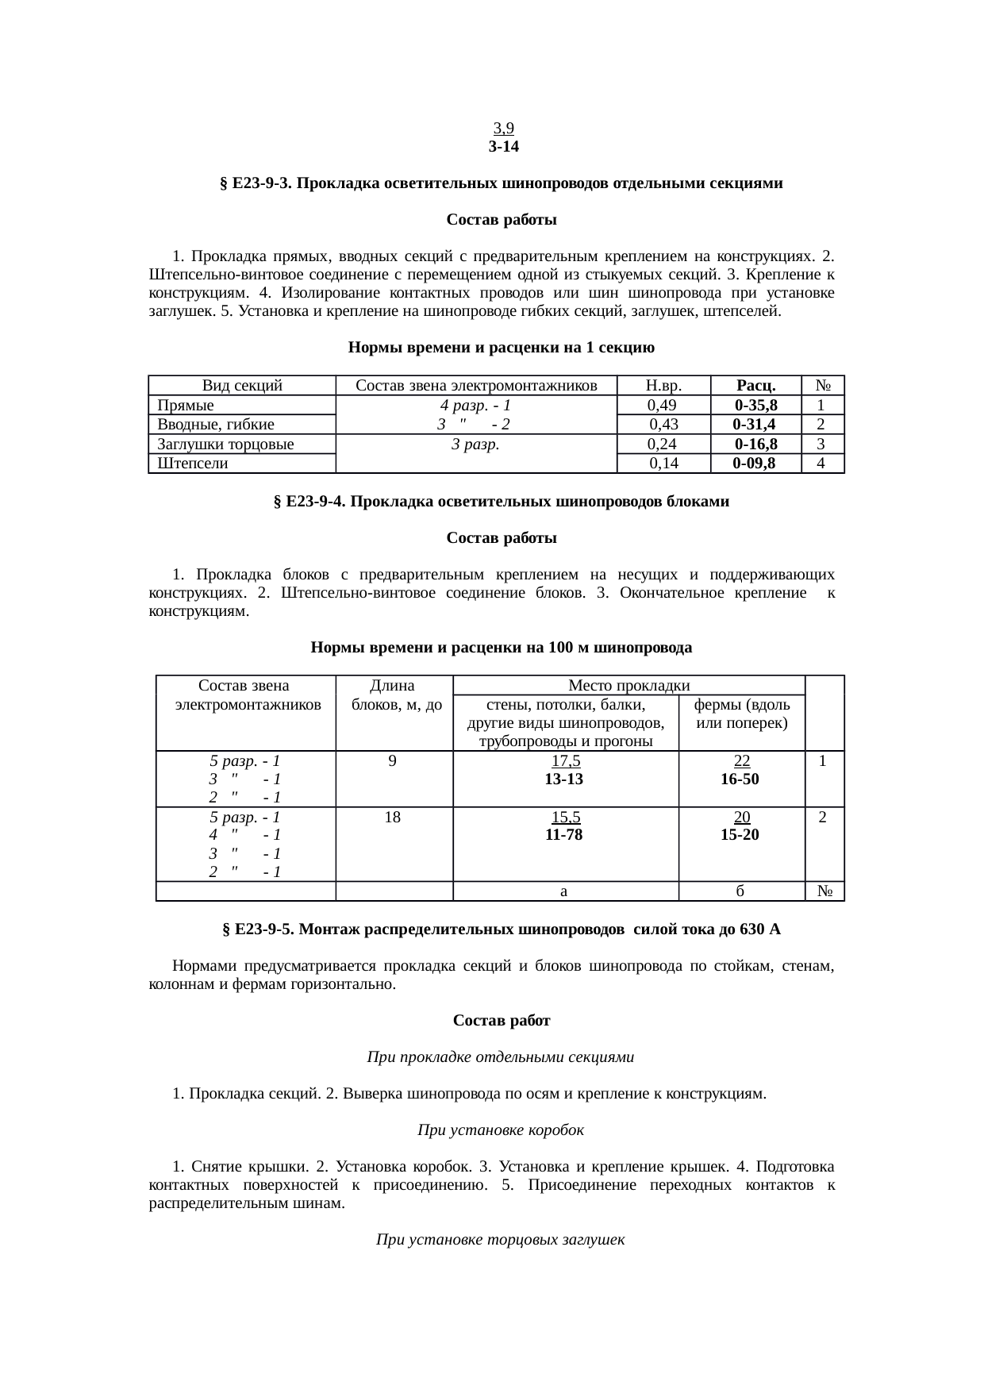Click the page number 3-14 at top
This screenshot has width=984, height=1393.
point(504,147)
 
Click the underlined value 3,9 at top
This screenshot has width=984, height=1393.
point(504,129)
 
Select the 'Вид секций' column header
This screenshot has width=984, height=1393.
point(242,386)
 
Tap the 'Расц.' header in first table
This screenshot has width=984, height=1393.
point(755,386)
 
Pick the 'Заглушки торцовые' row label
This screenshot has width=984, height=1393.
point(225,444)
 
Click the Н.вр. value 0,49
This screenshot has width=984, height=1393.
point(662,405)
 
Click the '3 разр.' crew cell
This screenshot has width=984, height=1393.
point(475,444)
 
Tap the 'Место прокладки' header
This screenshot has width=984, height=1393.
point(628,685)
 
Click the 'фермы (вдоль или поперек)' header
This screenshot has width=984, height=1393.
point(741,714)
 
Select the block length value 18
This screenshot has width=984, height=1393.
point(392,817)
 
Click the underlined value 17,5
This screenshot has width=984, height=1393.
point(565,760)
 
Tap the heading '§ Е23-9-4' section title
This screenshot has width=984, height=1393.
point(501,502)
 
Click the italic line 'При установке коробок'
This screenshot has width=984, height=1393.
point(500,1129)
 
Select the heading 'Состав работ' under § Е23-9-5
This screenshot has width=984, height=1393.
point(501,1021)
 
